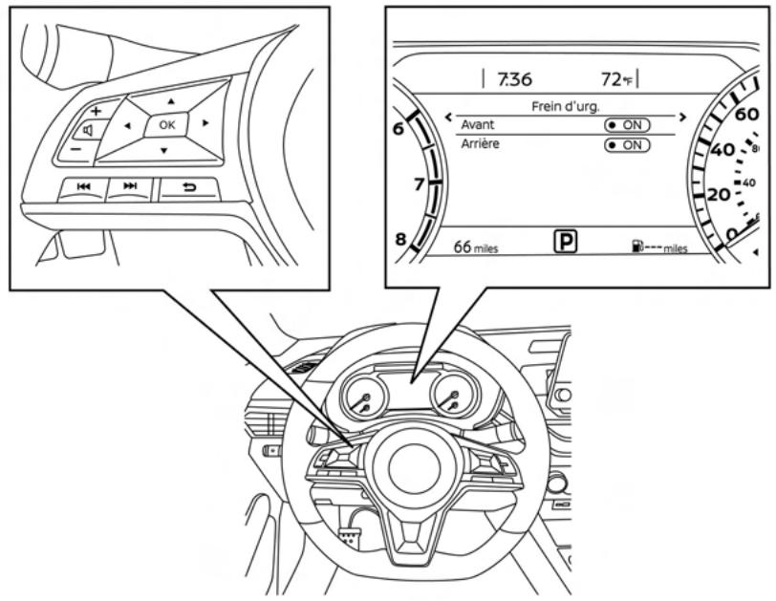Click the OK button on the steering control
click(167, 124)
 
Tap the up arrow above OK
click(171, 99)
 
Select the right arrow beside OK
click(205, 123)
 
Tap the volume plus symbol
click(96, 110)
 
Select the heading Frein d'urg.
click(564, 107)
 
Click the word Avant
click(478, 124)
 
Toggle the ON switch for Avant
click(627, 125)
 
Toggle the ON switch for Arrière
click(627, 145)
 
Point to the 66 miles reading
click(475, 247)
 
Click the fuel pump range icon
click(636, 247)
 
